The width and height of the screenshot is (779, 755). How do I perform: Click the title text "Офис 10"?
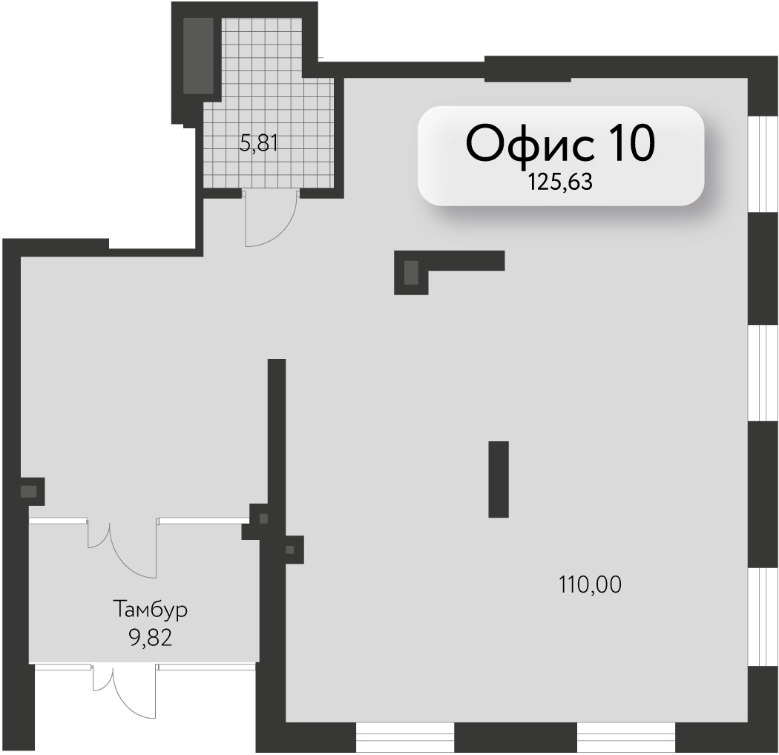560,144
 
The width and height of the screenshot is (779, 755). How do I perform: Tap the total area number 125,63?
560,182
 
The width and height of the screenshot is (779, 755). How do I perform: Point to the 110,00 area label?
590,584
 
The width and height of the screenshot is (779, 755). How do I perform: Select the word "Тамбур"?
151,610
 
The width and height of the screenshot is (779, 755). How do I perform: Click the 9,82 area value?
151,638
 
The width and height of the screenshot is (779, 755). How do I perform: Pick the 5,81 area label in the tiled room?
258,144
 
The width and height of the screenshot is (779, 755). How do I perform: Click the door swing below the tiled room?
271,219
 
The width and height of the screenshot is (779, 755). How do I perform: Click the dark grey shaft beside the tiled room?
198,56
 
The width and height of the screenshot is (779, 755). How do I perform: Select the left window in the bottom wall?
405,737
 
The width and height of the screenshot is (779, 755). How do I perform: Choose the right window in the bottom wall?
626,737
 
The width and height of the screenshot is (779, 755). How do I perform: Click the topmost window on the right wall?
763,164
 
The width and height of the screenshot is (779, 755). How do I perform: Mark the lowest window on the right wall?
763,617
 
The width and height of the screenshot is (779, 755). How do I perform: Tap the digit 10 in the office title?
629,143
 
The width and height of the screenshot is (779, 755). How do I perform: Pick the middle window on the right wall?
763,373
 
